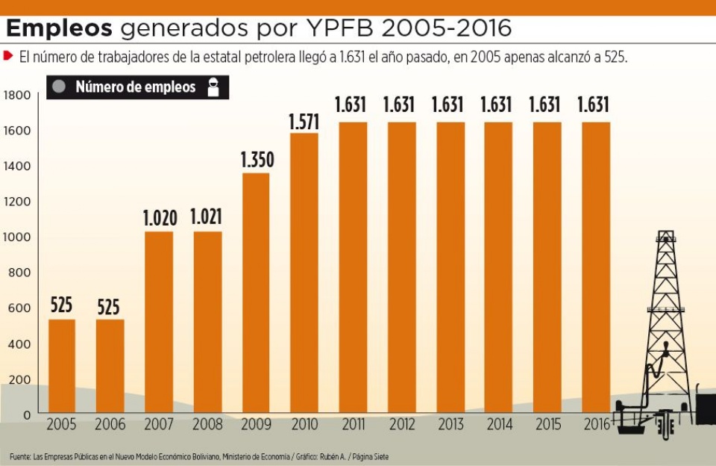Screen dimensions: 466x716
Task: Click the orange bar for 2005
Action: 62,366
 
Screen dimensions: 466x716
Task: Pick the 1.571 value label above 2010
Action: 304,121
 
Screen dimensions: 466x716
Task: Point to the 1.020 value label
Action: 160,219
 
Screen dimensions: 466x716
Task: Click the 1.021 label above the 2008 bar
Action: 207,219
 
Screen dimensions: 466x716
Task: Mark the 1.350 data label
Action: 257,160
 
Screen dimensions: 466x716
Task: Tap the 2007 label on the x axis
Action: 158,426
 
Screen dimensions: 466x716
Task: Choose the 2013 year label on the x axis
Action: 450,426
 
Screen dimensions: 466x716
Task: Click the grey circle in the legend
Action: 60,87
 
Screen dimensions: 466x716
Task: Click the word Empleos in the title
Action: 59,28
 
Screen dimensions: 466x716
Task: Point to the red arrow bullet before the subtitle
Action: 9,56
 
